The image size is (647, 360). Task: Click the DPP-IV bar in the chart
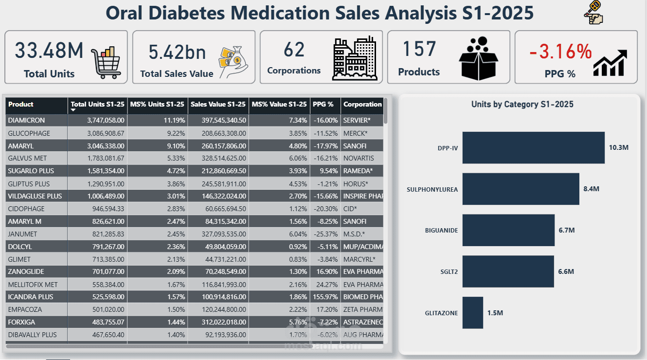[x=533, y=147]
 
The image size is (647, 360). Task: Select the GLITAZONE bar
[x=472, y=312]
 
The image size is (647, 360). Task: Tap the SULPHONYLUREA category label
[x=432, y=189]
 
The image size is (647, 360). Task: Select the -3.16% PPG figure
[x=560, y=51]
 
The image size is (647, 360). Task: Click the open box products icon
[x=479, y=58]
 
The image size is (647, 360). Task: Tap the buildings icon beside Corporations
[x=355, y=58]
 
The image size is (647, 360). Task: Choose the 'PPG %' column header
[x=323, y=104]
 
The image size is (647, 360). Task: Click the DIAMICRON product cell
[x=26, y=120]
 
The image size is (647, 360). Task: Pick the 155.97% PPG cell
[x=325, y=297]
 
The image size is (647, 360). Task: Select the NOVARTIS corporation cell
[x=359, y=158]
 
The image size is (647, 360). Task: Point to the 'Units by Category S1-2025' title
[x=522, y=104]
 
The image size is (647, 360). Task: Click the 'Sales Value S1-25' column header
[x=217, y=104]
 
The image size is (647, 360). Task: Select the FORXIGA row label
[x=21, y=322]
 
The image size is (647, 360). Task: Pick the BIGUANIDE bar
[x=508, y=230]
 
